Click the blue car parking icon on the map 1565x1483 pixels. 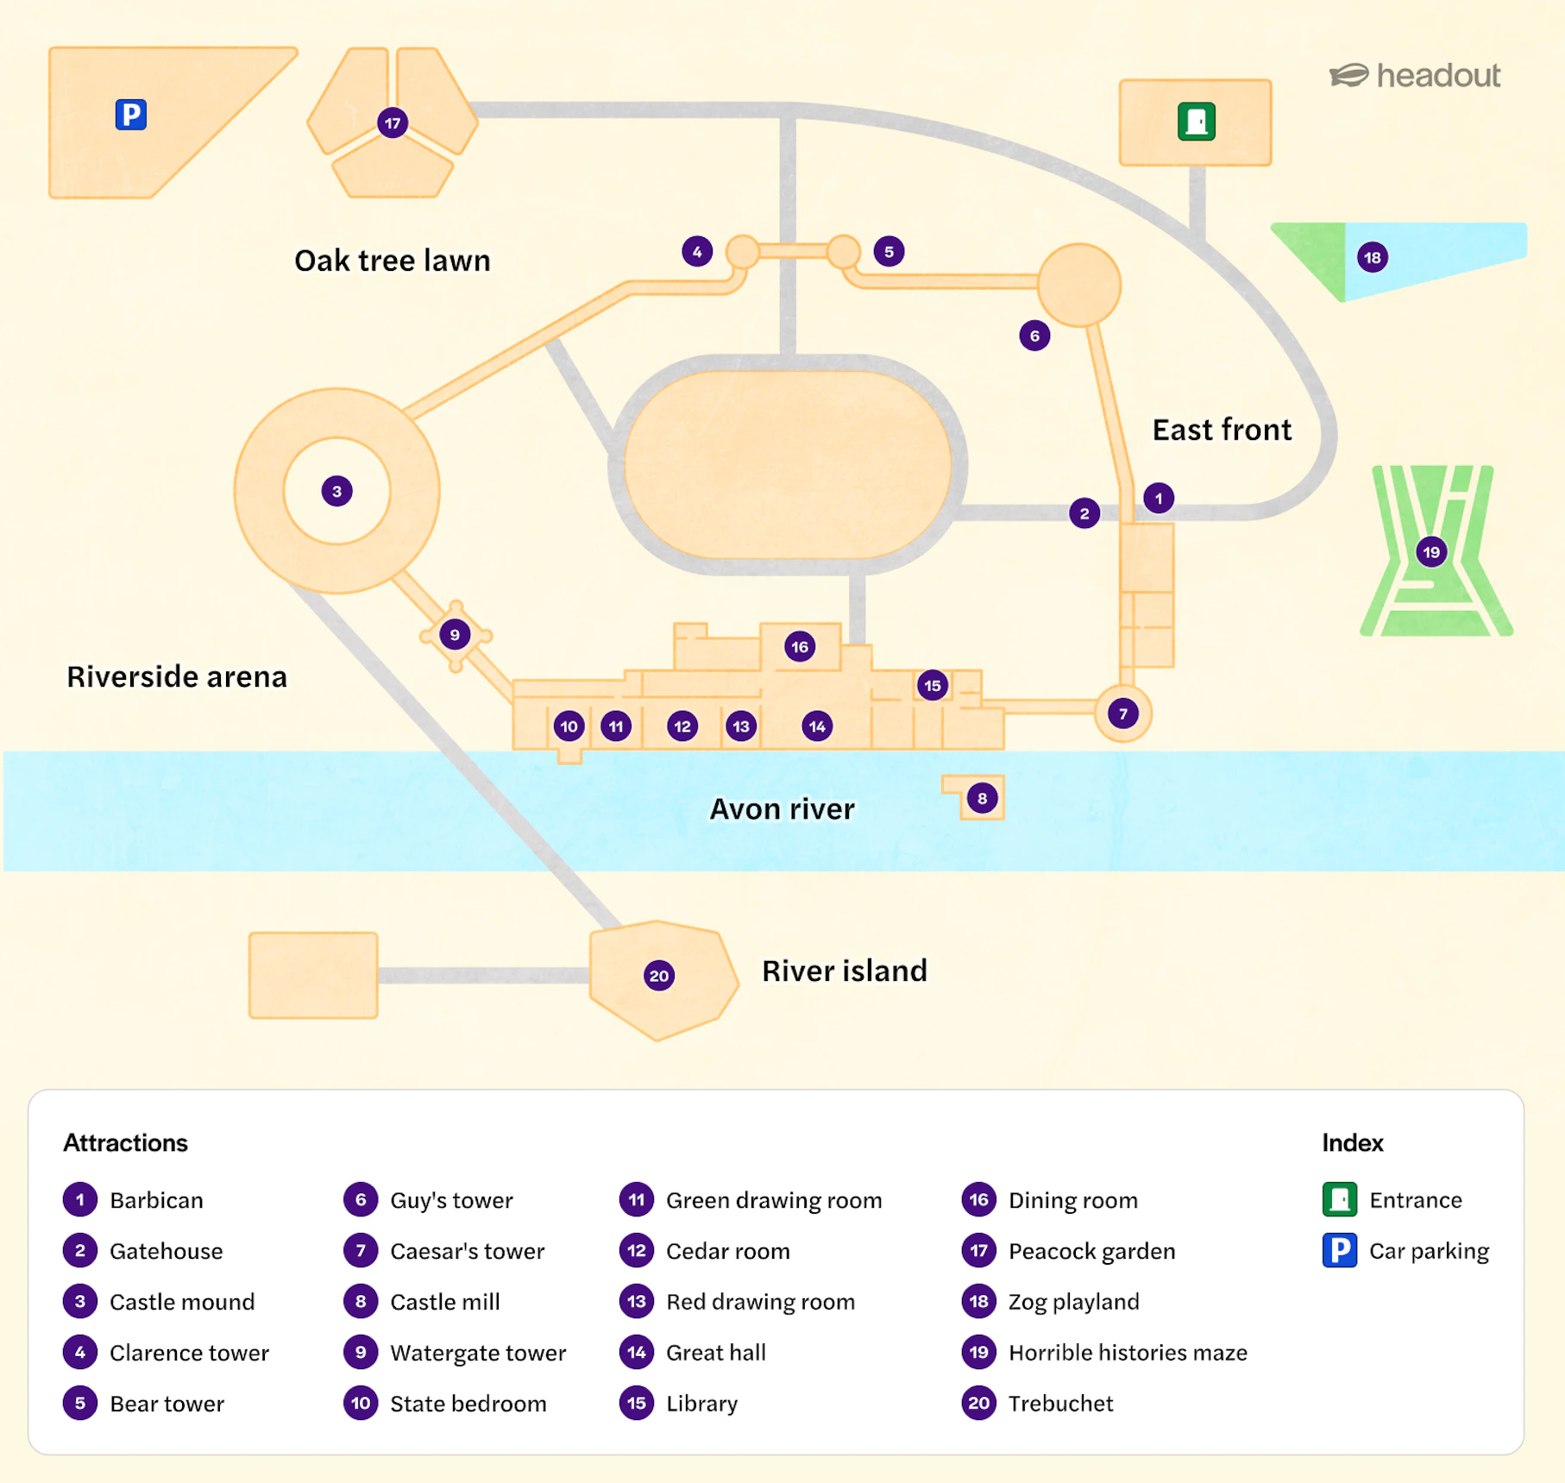[x=131, y=114]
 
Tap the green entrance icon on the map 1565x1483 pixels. [x=1197, y=122]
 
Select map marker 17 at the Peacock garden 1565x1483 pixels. [x=393, y=123]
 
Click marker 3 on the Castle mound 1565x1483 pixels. [x=336, y=492]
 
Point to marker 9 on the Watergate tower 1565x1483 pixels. [x=455, y=635]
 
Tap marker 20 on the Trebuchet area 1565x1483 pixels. [x=659, y=976]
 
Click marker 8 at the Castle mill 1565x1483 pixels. [x=982, y=798]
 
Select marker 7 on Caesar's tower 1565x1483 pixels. [x=1122, y=713]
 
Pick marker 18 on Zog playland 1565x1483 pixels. [x=1373, y=257]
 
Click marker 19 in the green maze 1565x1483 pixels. [x=1431, y=552]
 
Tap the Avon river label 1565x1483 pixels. [x=782, y=808]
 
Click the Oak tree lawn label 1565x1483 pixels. [x=393, y=261]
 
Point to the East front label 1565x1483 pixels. [x=1222, y=430]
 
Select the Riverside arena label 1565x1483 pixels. [x=177, y=676]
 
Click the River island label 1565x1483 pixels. [x=845, y=971]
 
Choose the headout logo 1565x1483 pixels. [x=1415, y=76]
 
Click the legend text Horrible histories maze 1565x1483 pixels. [x=1128, y=1352]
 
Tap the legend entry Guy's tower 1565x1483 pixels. [x=451, y=1200]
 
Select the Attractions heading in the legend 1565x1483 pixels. [x=125, y=1142]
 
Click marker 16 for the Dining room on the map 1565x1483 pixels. [x=800, y=646]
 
